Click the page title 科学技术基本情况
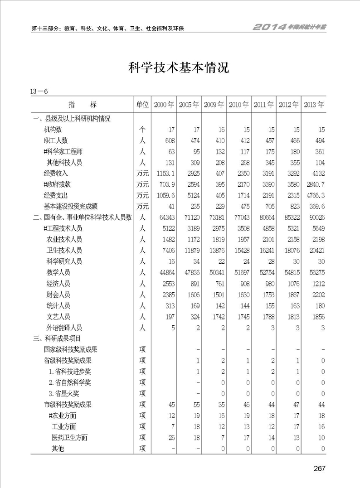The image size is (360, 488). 180,68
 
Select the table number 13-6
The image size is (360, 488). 39,92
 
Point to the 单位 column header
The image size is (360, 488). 142,104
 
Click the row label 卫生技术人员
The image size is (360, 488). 64,250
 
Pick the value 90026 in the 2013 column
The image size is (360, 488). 316,217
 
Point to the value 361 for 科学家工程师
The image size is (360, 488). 319,151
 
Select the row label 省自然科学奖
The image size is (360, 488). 70,382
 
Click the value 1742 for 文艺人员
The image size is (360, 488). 217,317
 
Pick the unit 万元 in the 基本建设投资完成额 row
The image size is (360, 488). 142,206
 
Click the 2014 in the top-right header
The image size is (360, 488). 269,27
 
